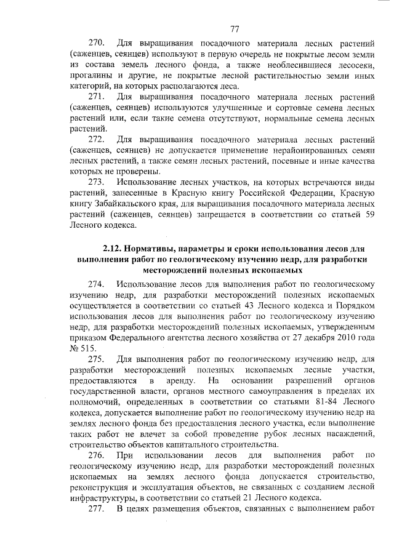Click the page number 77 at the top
pyautogui.click(x=235, y=29)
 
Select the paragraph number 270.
pyautogui.click(x=97, y=44)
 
